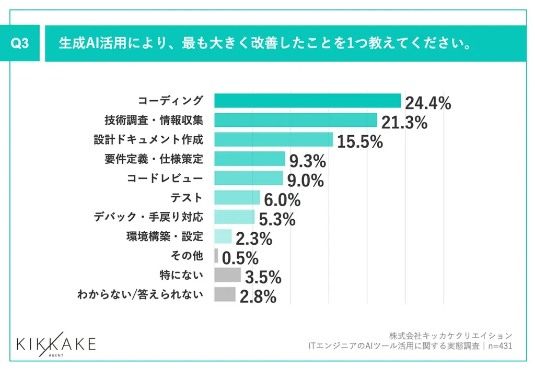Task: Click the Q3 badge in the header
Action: tap(20, 44)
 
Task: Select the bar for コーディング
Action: tap(307, 101)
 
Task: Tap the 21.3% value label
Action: tap(404, 123)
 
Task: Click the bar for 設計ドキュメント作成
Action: tap(273, 140)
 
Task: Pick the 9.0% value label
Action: tap(305, 181)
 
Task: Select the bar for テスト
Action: tap(237, 197)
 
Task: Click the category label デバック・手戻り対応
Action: tap(149, 217)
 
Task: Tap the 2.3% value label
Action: tap(254, 239)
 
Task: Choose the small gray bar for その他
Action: tap(216, 255)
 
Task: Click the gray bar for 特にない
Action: tap(227, 274)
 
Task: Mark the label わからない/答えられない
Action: tap(139, 294)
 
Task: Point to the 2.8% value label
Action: tap(258, 297)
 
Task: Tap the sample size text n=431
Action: tap(498, 345)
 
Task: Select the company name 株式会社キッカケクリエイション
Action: tap(450, 335)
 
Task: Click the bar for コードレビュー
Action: tap(249, 178)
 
